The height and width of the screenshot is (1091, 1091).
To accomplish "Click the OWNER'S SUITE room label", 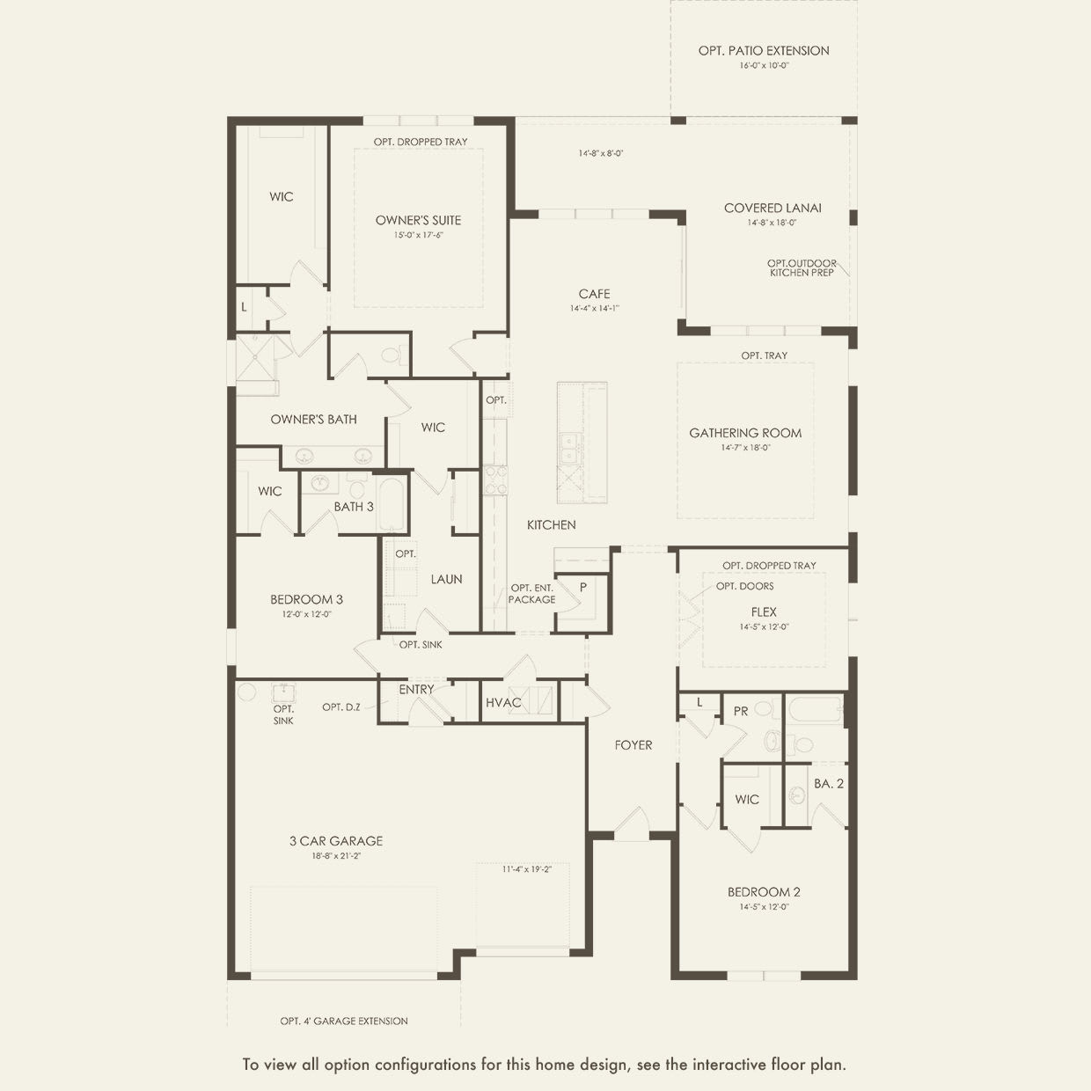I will (x=418, y=220).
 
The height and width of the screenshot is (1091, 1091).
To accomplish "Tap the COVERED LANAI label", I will (x=772, y=209).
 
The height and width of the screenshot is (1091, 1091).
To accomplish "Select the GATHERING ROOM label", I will (x=745, y=433).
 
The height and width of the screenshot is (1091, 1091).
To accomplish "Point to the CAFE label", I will (x=594, y=294).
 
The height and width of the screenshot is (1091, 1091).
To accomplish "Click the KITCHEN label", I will (x=552, y=525).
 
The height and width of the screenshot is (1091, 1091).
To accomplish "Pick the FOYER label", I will (x=633, y=745).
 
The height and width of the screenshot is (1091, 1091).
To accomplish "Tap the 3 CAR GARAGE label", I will (x=336, y=841).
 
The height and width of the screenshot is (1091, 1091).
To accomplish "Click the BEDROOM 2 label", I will (x=764, y=892).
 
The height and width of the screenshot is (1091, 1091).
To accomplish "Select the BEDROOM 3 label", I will (x=306, y=600).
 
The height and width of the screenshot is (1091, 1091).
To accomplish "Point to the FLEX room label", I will (x=764, y=612).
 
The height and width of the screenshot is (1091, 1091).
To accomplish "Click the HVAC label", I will (x=503, y=703).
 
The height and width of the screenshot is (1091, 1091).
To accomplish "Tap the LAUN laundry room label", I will (x=446, y=580).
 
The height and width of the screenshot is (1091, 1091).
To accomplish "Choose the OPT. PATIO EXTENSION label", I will (x=764, y=51).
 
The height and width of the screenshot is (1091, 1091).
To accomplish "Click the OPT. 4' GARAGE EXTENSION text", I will (x=344, y=1021).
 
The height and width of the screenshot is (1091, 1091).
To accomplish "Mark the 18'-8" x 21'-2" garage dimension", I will (x=336, y=856).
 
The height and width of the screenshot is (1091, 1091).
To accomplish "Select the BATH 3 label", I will (x=354, y=507).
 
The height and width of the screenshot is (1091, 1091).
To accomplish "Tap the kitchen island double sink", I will (x=569, y=447).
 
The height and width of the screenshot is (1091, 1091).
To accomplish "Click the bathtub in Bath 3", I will (x=392, y=504).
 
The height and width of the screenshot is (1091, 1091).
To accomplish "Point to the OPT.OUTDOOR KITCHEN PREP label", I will (x=802, y=268).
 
